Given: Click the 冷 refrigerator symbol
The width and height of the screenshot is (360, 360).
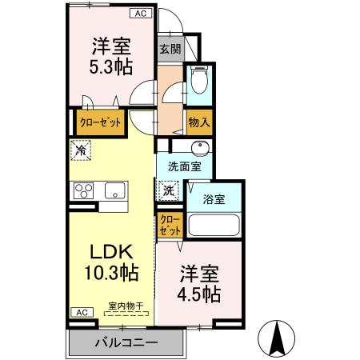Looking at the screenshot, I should pos(82,148).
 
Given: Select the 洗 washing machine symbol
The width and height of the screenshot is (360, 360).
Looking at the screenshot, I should pos(168,190).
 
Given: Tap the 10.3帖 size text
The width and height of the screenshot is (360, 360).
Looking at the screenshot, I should pos(110,273).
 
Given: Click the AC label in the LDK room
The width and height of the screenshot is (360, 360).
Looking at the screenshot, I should pos(81,312).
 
